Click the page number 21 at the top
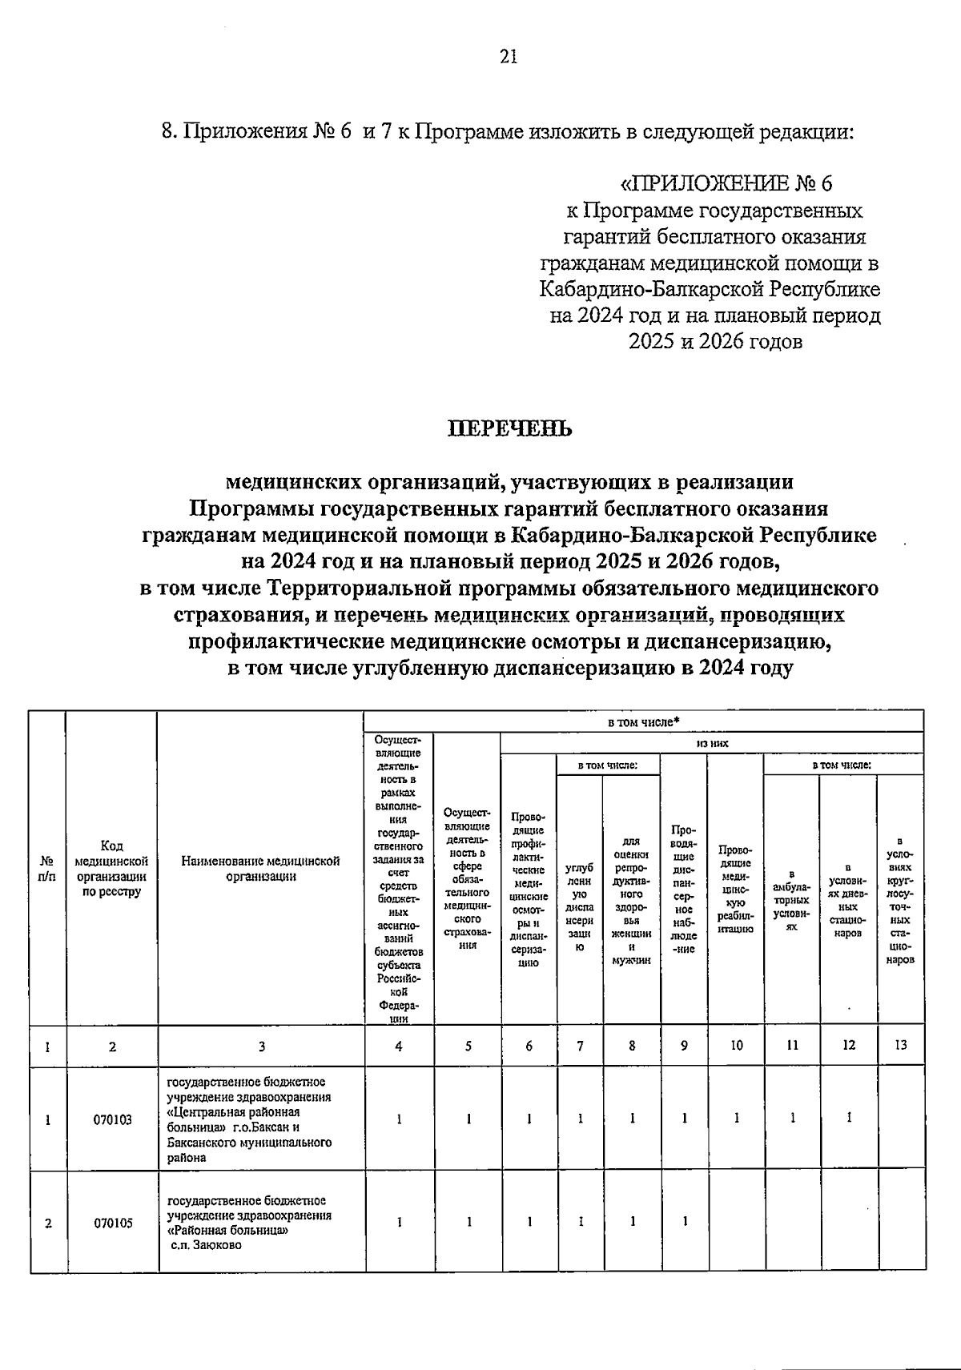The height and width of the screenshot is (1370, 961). [x=509, y=56]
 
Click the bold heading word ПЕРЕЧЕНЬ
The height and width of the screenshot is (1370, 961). [x=509, y=429]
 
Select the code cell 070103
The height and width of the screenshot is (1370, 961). [x=112, y=1121]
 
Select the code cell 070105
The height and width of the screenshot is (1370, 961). [x=112, y=1223]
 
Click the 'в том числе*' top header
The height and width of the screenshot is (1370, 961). [x=644, y=721]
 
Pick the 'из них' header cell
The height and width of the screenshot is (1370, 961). [x=712, y=744]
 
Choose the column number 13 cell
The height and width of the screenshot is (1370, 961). [x=901, y=1046]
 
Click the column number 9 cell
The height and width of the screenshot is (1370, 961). [x=683, y=1046]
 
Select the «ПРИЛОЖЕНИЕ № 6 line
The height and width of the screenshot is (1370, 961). [x=727, y=184]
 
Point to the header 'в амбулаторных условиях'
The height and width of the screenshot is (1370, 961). [x=791, y=901]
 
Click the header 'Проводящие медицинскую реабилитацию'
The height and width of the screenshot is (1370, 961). [x=735, y=889]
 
